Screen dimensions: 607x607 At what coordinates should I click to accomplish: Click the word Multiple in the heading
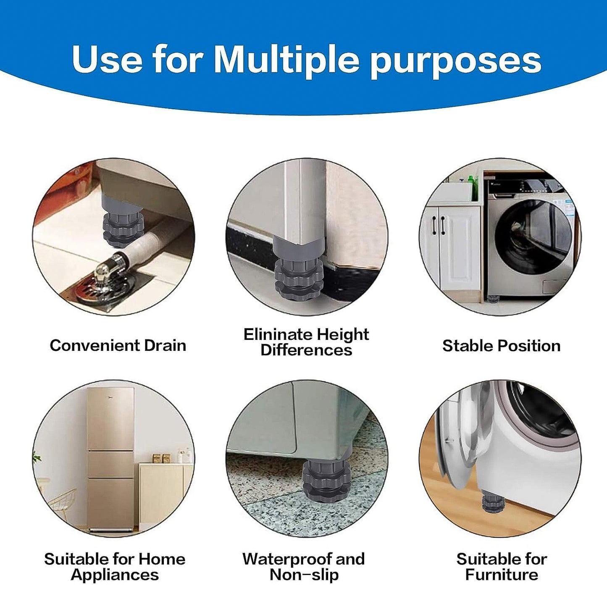tap(286, 59)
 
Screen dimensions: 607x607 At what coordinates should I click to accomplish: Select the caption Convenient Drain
tap(118, 345)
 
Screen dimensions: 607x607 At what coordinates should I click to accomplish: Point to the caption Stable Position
tap(501, 346)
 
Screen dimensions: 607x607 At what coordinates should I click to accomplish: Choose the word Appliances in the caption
tap(115, 574)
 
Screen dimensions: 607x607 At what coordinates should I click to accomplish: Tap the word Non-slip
tap(304, 574)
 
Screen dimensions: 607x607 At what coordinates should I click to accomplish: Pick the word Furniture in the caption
tap(502, 574)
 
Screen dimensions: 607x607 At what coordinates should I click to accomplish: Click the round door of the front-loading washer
tap(533, 237)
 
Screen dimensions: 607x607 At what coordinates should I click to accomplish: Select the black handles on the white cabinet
tap(439, 226)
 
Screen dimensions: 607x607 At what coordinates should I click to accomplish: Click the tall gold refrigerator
tap(110, 458)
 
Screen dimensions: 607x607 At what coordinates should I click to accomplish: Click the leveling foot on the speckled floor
tap(326, 481)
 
